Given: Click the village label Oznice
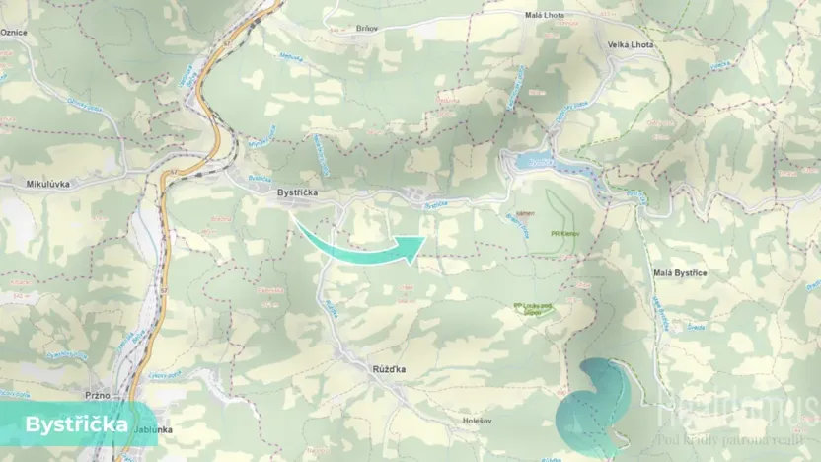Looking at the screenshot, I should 14,33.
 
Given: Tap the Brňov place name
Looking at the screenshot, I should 367,29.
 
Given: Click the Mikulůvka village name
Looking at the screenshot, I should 45,184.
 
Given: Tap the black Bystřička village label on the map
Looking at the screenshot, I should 296,193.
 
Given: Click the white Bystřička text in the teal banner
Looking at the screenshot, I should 76,424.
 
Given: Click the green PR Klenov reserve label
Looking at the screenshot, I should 564,234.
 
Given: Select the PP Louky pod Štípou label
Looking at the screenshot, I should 534,308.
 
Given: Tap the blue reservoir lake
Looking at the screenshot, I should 553,171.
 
